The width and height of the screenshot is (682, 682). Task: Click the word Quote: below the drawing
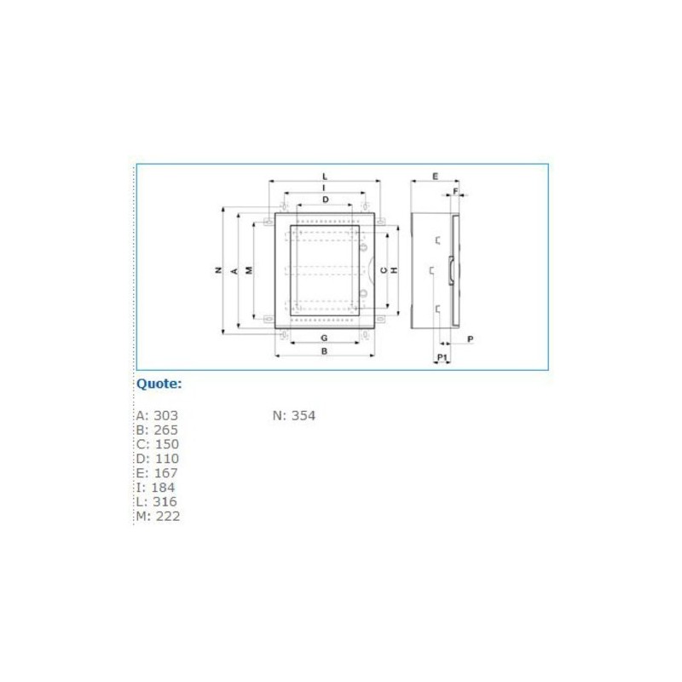(159, 384)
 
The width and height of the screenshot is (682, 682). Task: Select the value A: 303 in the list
(157, 416)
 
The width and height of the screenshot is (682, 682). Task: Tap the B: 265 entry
(157, 431)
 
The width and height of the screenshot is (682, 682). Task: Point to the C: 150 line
(157, 444)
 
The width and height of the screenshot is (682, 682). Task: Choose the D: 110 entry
(157, 459)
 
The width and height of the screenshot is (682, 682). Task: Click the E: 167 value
(157, 473)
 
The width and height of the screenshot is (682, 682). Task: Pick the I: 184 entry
(155, 488)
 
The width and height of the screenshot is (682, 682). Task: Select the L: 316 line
(156, 501)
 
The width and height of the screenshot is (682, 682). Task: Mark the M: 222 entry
(158, 516)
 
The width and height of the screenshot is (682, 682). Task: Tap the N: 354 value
(294, 416)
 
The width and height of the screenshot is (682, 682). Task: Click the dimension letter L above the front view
(325, 176)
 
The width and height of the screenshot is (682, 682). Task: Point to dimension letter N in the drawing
(217, 270)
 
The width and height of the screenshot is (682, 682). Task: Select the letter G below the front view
(325, 338)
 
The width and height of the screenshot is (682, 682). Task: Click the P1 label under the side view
(442, 356)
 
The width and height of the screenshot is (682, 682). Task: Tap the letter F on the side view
(455, 191)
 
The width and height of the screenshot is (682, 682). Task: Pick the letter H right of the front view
(395, 270)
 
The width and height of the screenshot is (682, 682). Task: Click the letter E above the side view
(435, 176)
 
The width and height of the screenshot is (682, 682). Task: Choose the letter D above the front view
(326, 199)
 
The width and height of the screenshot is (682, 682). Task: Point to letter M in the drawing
(248, 270)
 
